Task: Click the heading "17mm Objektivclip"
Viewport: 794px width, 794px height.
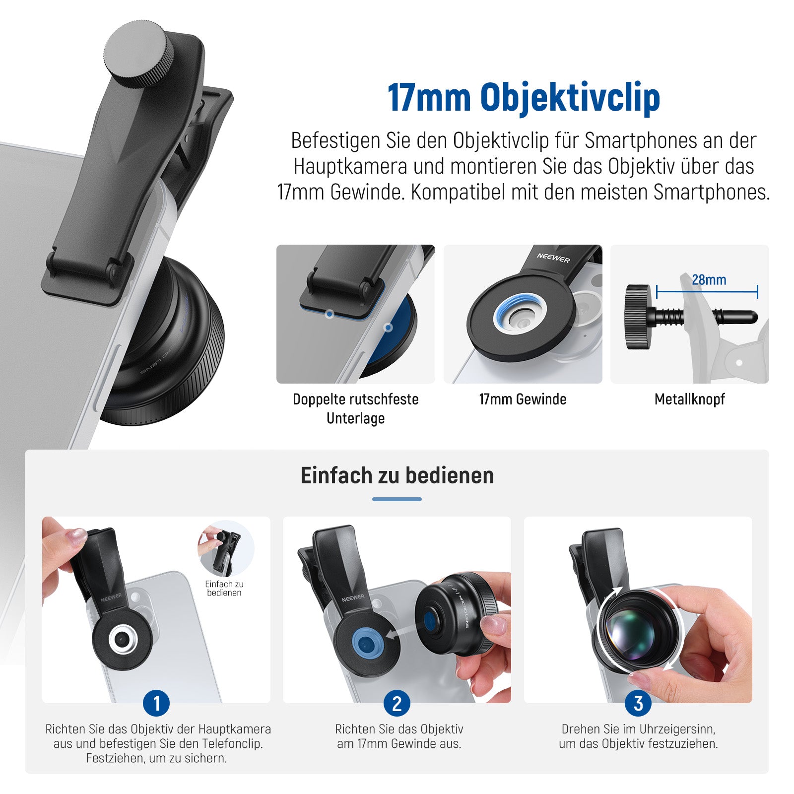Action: (524, 97)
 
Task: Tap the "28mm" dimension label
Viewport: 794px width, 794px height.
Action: (709, 280)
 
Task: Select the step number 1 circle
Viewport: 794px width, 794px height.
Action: (156, 703)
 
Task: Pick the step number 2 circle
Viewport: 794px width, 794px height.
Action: (397, 703)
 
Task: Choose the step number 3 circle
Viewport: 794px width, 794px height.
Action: (638, 703)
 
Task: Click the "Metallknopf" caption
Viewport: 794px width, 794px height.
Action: (690, 399)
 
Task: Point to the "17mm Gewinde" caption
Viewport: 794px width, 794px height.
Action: (523, 399)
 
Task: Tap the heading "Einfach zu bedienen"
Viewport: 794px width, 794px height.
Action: (397, 475)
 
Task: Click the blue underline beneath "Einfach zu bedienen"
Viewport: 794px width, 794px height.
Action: (397, 499)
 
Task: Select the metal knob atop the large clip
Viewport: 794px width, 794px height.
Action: (139, 55)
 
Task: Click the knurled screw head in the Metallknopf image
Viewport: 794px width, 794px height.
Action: (638, 317)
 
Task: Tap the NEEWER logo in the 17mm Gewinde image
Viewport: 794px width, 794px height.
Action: (553, 258)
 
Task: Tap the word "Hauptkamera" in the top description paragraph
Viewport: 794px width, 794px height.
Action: (350, 166)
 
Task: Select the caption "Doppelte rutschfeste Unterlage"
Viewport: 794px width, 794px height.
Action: (356, 408)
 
